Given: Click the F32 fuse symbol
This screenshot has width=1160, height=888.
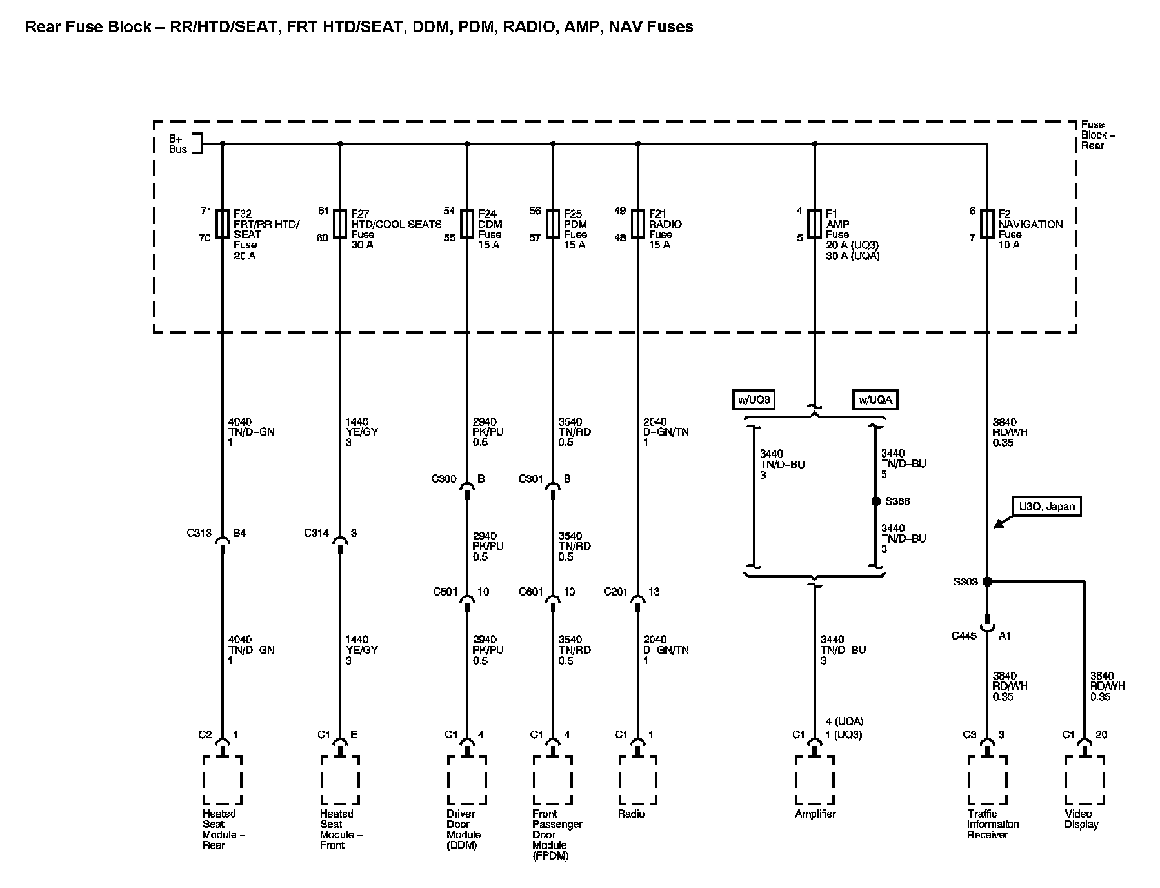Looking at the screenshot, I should [x=223, y=224].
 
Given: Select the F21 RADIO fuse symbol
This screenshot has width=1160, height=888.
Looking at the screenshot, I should [x=637, y=224].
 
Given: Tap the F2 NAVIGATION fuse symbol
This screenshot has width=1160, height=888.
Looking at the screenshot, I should [x=986, y=224].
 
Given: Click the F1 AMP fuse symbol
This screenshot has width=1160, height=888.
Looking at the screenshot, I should [x=814, y=224].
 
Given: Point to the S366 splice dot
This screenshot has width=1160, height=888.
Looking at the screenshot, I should [x=875, y=501].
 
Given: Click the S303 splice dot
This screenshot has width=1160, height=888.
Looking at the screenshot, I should [x=986, y=581].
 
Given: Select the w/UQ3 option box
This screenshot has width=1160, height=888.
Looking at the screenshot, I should [x=754, y=399].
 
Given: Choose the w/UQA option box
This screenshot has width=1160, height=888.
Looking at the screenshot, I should [x=875, y=399].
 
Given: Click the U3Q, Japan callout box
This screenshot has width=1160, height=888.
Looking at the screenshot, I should [x=1046, y=507].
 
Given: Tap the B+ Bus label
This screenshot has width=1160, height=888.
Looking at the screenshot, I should [x=177, y=144].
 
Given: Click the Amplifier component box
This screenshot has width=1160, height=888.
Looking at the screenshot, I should [x=814, y=780].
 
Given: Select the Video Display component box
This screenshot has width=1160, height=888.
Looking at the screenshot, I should [x=1085, y=780].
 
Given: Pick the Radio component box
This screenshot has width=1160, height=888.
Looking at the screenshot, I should [x=637, y=780].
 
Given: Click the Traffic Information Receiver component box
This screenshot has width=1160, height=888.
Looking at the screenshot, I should [x=986, y=780].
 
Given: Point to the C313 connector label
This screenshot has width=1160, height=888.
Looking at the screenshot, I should [x=199, y=534].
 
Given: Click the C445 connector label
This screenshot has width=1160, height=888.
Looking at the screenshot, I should [x=964, y=636].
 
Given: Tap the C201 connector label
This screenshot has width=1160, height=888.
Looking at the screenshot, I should [x=616, y=592].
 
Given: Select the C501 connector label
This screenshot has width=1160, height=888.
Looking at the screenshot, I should [x=445, y=592].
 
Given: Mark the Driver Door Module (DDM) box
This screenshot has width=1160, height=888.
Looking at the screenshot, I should [x=466, y=780].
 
